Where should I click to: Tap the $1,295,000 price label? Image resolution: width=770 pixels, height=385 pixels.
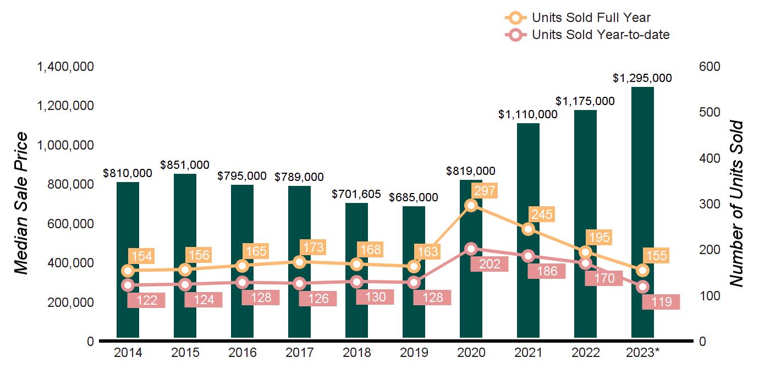click(642, 78)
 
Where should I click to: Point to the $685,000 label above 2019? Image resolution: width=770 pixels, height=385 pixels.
click(414, 197)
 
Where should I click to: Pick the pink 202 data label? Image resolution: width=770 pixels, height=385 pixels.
click(489, 264)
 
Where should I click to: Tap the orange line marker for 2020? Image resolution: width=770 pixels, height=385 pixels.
click(471, 205)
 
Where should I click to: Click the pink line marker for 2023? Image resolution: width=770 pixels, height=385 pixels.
click(642, 287)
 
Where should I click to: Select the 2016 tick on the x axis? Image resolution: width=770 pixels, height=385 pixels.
click(242, 353)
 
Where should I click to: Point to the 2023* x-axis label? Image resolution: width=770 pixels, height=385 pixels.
click(643, 353)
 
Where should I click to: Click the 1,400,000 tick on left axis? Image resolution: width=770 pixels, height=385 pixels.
click(65, 67)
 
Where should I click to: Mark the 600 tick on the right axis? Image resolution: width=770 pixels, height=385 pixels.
click(710, 67)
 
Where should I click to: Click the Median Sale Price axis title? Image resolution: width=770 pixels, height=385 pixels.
click(21, 204)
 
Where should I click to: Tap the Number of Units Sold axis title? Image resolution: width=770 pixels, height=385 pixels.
click(736, 204)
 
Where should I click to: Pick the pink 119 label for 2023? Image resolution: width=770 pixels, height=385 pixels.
click(661, 302)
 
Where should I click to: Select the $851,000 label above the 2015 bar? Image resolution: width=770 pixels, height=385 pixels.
click(185, 164)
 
